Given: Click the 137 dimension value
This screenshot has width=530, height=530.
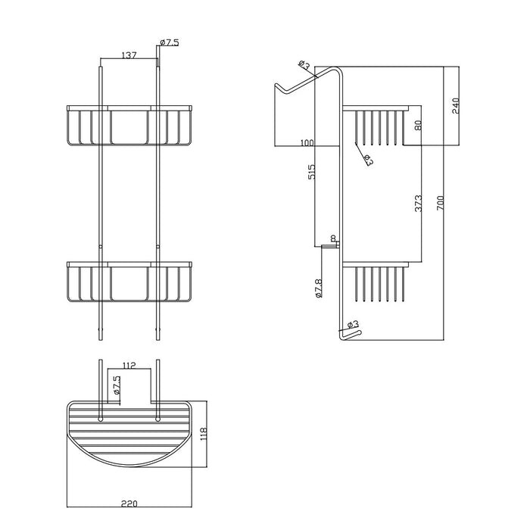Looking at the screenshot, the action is pyautogui.click(x=129, y=55).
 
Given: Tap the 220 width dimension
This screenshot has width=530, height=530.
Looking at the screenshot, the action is pyautogui.click(x=129, y=504).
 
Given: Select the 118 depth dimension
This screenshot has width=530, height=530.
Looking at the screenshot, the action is pyautogui.click(x=203, y=435).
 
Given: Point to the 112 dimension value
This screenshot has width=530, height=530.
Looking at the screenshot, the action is pyautogui.click(x=129, y=366).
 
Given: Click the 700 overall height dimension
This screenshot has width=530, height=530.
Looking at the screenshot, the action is pyautogui.click(x=440, y=203).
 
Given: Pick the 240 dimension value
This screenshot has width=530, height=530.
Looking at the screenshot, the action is pyautogui.click(x=455, y=106).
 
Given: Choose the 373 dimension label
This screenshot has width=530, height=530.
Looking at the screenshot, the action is pyautogui.click(x=418, y=203).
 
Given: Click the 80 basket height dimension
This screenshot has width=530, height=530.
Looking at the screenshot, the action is pyautogui.click(x=418, y=126).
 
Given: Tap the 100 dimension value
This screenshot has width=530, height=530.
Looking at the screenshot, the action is pyautogui.click(x=307, y=143).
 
